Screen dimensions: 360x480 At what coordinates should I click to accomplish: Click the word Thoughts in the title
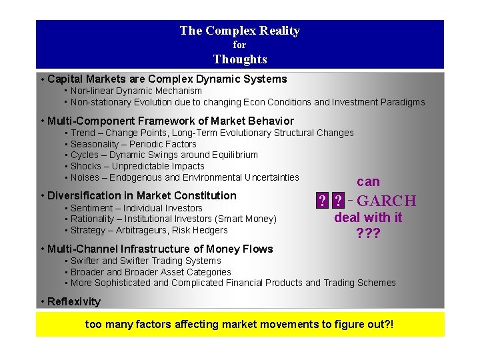[240, 59]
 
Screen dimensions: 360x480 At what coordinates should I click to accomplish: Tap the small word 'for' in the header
[239, 45]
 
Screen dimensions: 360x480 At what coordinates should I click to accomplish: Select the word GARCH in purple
[387, 201]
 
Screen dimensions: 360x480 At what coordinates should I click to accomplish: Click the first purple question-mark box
[323, 201]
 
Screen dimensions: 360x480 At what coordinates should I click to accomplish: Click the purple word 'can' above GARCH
[368, 181]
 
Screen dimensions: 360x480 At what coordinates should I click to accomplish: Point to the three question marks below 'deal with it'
[368, 233]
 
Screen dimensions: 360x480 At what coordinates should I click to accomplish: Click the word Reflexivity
[74, 301]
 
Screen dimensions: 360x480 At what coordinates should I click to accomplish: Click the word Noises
[85, 177]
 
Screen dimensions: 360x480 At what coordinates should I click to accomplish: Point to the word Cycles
[84, 155]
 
